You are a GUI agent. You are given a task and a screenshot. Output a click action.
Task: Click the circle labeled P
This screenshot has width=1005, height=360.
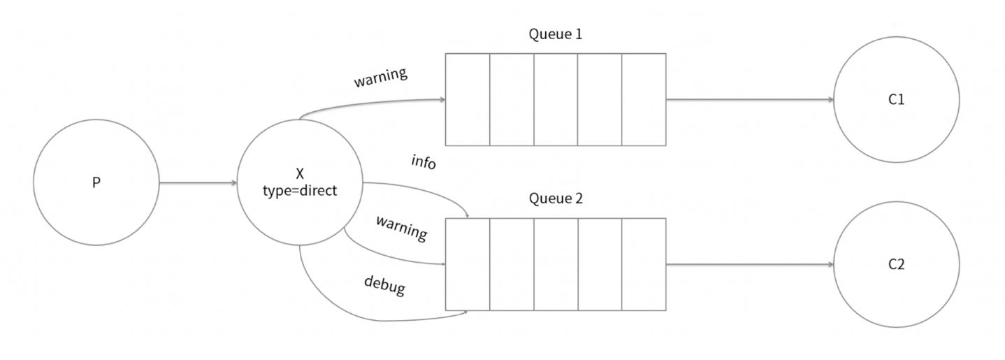pyautogui.click(x=96, y=183)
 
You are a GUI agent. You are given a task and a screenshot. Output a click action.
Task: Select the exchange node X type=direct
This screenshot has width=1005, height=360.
pyautogui.click(x=299, y=184)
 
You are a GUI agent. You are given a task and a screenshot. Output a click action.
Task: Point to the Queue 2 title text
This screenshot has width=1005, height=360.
pyautogui.click(x=556, y=199)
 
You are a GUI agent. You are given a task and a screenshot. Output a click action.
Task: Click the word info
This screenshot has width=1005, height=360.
pyautogui.click(x=424, y=163)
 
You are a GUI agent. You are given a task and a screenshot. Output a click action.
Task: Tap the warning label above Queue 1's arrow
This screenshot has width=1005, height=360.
pyautogui.click(x=380, y=78)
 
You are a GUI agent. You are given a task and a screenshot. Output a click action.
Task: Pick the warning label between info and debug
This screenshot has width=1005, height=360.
pyautogui.click(x=401, y=229)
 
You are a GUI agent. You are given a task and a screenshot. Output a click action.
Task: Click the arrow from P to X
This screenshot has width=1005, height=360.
pyautogui.click(x=198, y=183)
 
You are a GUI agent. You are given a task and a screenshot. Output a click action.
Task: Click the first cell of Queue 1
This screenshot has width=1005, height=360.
pyautogui.click(x=468, y=100)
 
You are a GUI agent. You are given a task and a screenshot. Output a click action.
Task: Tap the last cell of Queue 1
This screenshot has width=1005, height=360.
pyautogui.click(x=643, y=100)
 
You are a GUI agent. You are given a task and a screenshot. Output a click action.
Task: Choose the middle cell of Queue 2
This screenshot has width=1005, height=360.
pyautogui.click(x=556, y=265)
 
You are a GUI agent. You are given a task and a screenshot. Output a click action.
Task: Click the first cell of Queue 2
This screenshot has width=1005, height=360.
pyautogui.click(x=468, y=265)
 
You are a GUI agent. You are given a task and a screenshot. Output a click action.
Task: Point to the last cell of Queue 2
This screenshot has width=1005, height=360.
pyautogui.click(x=643, y=265)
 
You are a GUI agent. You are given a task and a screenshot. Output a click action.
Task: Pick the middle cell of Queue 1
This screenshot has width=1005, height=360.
pyautogui.click(x=556, y=100)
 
